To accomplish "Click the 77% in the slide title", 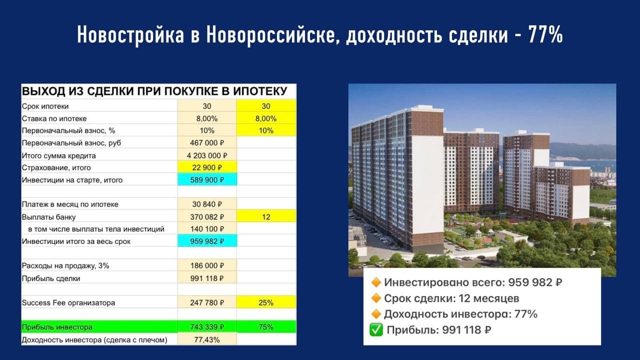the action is click(x=545, y=34).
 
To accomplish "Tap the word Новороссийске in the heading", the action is click(x=270, y=35).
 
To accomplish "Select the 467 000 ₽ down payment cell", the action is click(x=207, y=143).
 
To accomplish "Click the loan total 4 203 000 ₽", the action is click(x=207, y=155).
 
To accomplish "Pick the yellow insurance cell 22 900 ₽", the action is click(x=207, y=167).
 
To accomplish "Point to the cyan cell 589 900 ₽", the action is click(x=207, y=180).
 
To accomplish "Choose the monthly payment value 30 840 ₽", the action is click(x=207, y=204).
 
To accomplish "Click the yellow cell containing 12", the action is click(x=266, y=217).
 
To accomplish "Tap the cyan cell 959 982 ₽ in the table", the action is click(x=207, y=241).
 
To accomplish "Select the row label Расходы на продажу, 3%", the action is click(x=65, y=265).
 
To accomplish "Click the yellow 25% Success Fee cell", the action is click(x=266, y=302).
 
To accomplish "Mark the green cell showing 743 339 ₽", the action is click(x=207, y=327).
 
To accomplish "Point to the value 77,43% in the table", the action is click(x=207, y=339).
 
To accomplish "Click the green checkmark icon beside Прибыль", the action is click(x=376, y=330).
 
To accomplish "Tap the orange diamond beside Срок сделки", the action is click(x=376, y=298).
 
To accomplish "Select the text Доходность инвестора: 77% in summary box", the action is click(x=460, y=314).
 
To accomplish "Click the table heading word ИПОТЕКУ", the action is click(x=260, y=91).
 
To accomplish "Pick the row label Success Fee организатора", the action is click(x=68, y=302).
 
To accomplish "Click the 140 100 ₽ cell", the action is click(x=207, y=229).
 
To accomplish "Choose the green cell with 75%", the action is click(x=266, y=327).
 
